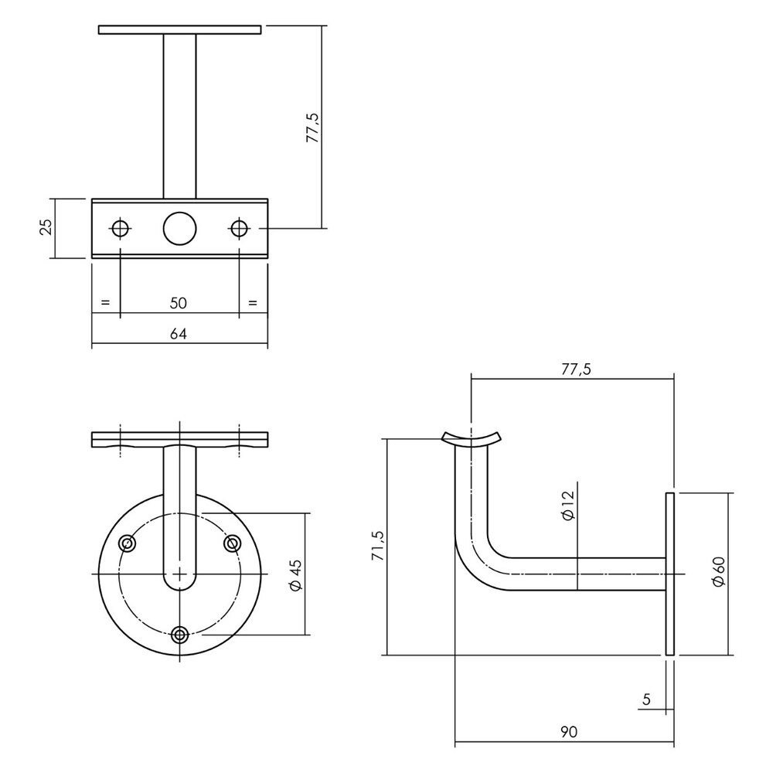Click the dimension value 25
click(x=46, y=227)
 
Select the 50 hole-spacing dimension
click(x=179, y=303)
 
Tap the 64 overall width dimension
click(x=179, y=334)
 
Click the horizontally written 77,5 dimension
click(x=576, y=369)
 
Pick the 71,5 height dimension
click(x=376, y=546)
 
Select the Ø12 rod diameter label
click(x=567, y=506)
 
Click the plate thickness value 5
click(x=646, y=700)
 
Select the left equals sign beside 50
click(x=106, y=302)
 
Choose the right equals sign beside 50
click(x=253, y=302)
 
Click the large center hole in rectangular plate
click(x=179, y=228)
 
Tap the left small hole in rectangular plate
click(x=120, y=228)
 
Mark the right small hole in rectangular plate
click(x=239, y=228)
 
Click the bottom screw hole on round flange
click(x=180, y=635)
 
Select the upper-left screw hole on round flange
click(x=128, y=544)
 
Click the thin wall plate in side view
click(x=669, y=574)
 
